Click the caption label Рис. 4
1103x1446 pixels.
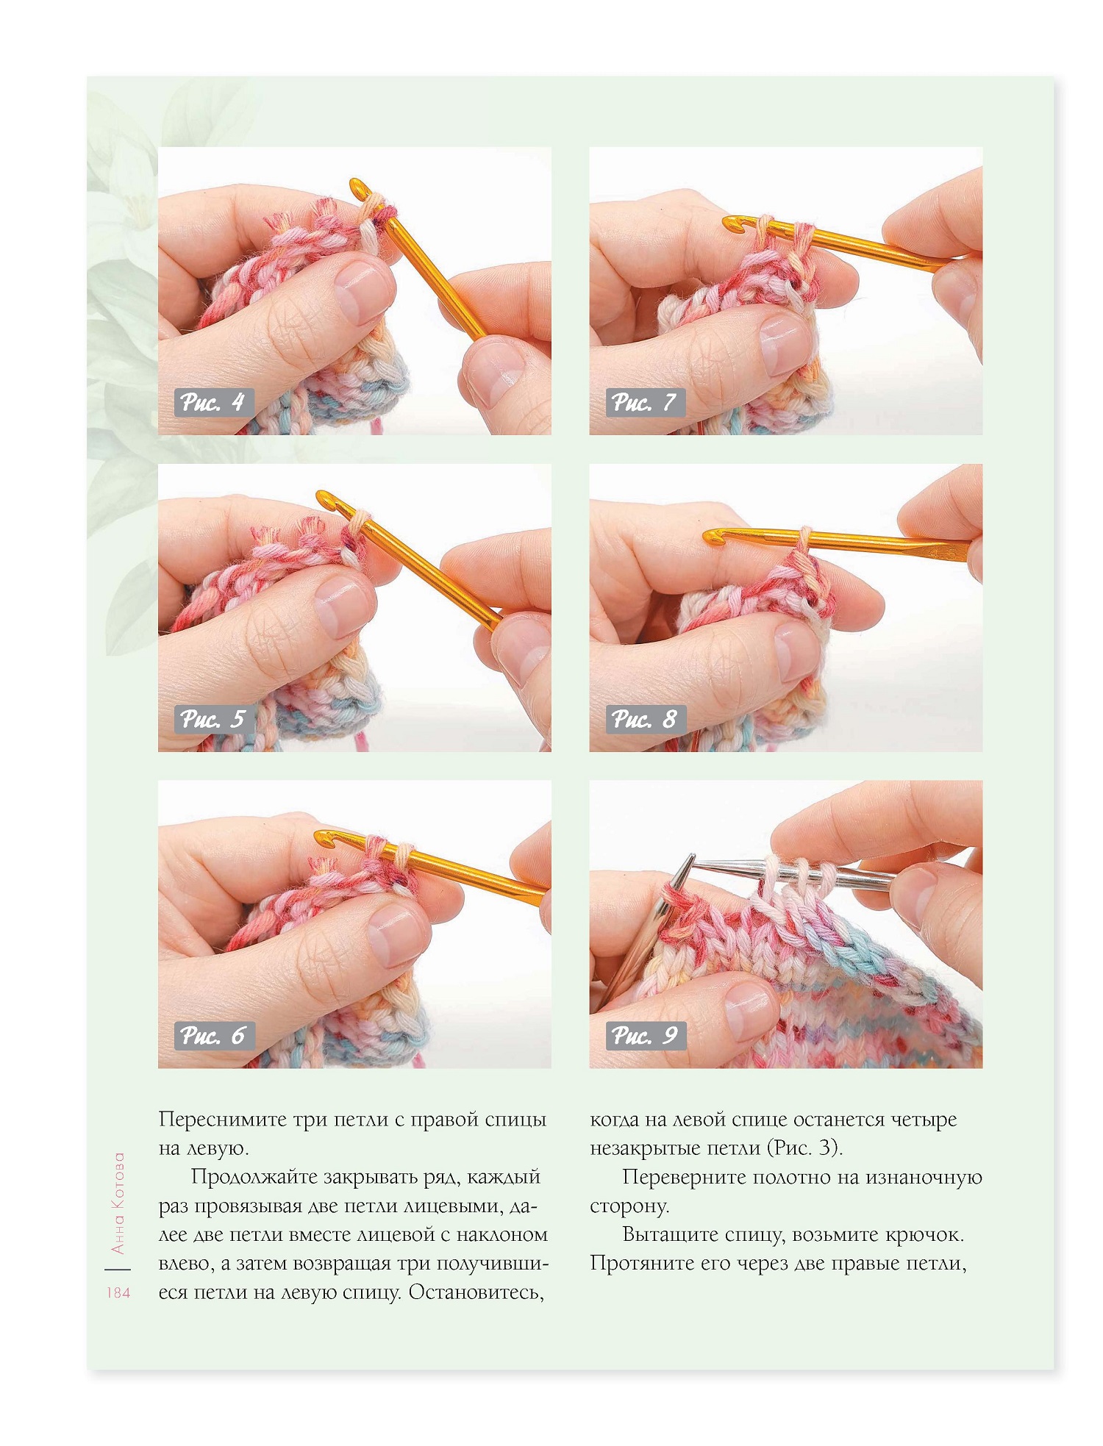tap(213, 403)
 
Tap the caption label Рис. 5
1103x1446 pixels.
tap(213, 719)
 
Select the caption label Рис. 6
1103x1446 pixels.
tap(213, 1036)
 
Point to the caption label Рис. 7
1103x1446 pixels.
tap(645, 403)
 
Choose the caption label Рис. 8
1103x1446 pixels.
tap(645, 719)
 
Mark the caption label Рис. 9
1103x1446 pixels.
tap(645, 1036)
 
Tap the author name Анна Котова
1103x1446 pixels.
tap(118, 1203)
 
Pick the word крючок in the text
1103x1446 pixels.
tap(925, 1235)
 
